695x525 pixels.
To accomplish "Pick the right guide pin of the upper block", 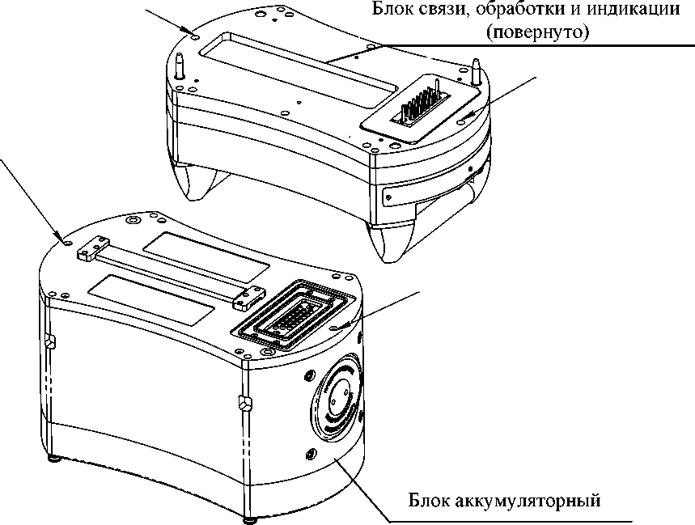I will [477, 67].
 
